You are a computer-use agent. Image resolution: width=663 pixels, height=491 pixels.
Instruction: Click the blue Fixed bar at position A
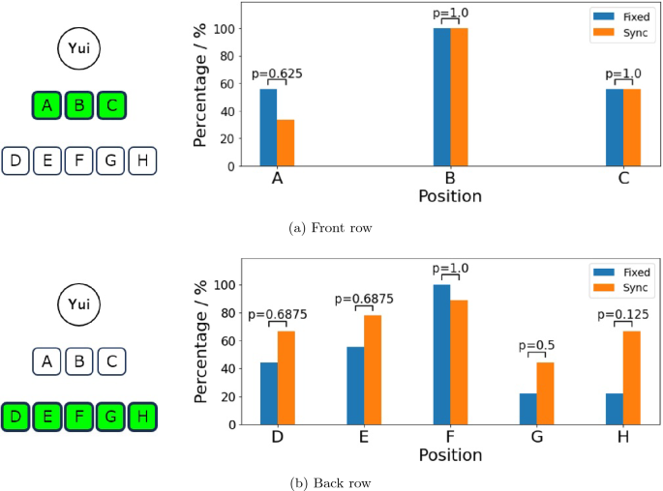pos(268,128)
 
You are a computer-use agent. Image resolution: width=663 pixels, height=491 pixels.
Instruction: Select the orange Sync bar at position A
pos(286,142)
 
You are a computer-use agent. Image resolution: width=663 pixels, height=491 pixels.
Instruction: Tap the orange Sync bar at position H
pos(631,377)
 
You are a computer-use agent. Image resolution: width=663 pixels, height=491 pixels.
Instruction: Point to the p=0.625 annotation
pos(277,72)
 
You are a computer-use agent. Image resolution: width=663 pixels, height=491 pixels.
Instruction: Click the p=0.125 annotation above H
pos(622,314)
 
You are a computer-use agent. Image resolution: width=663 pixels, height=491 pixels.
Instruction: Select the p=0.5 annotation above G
pos(536,345)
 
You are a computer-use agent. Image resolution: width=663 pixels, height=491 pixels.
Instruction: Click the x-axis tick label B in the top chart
pos(450,179)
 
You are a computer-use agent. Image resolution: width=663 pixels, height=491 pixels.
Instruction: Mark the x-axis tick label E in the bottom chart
pos(364,437)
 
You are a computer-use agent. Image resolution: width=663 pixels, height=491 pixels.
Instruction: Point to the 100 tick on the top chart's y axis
pos(226,28)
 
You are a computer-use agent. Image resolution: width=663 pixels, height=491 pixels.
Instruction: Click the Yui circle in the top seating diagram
pos(78,49)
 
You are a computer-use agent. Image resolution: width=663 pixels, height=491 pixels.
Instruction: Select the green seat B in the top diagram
pos(78,105)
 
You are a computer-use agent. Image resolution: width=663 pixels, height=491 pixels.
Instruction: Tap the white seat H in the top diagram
pos(142,160)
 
